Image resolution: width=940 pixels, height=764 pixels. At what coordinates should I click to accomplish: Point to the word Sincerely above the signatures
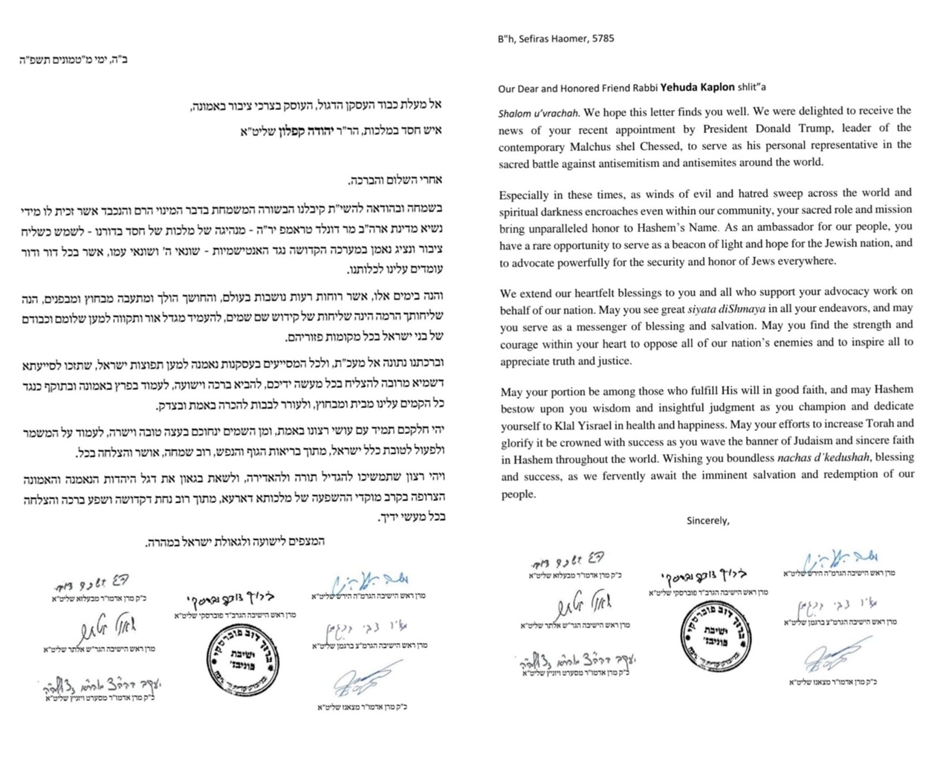[x=707, y=521]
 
